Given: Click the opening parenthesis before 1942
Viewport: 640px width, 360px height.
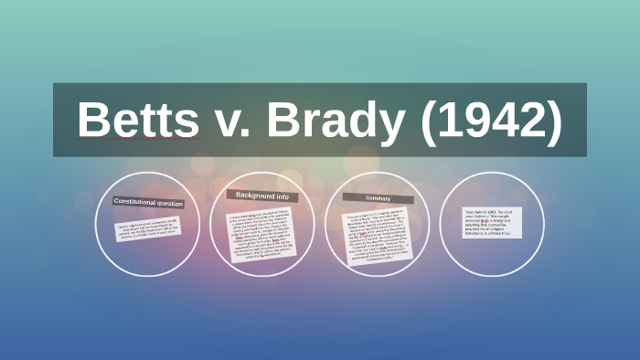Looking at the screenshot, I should (429, 121).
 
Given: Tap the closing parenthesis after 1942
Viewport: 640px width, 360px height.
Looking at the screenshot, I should (552, 121).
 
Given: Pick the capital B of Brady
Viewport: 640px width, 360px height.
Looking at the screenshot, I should (283, 120).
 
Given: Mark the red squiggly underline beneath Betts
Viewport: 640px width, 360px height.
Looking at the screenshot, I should (138, 140).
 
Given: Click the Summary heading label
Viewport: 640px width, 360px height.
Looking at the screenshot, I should (379, 197).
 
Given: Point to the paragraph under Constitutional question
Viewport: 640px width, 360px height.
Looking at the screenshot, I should (147, 228).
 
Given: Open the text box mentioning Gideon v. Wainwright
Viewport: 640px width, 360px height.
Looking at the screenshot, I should (492, 224).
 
